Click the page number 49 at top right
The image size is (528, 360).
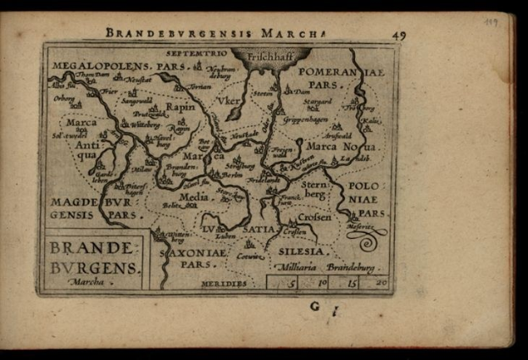click(x=399, y=35)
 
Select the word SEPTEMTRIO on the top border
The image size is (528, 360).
click(x=195, y=53)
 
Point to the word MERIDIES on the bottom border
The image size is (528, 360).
click(x=225, y=283)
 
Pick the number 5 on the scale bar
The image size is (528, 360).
click(x=292, y=283)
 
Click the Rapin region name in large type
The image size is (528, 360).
click(x=180, y=108)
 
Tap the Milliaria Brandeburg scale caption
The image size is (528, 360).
click(x=330, y=266)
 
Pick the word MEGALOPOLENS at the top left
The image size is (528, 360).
click(x=101, y=64)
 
